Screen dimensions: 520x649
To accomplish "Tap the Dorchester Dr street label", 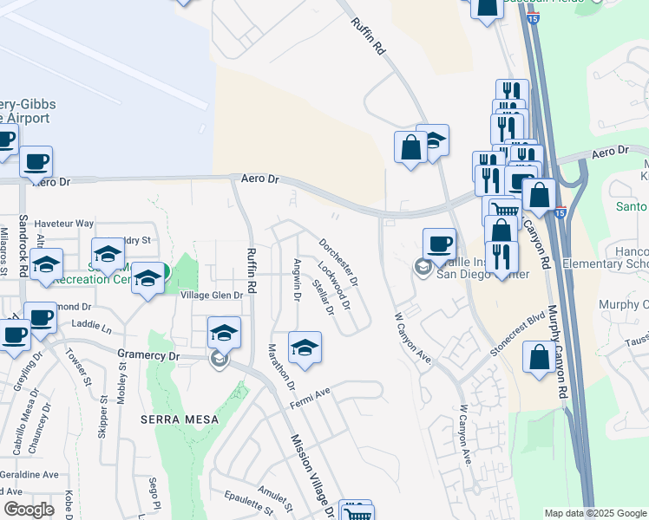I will coord(338,264).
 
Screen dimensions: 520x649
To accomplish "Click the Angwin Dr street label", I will coord(297,280).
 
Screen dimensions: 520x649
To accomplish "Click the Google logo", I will coord(29,510).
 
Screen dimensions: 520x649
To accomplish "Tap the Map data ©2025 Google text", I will coord(594,513).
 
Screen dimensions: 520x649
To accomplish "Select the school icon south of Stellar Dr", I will coord(304,348).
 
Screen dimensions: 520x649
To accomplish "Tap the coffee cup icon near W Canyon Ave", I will coord(439,244).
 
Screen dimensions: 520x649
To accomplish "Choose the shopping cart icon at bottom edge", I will coord(354,513).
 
